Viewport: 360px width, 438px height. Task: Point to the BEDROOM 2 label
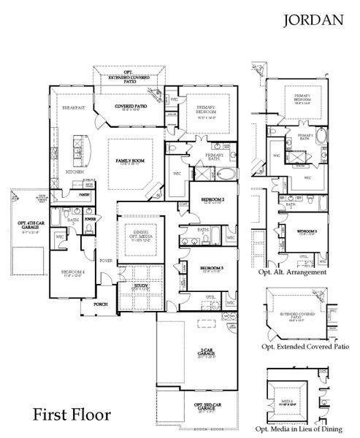212,199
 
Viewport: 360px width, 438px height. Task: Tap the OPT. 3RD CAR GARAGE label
207,406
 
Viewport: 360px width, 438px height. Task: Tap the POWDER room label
91,218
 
